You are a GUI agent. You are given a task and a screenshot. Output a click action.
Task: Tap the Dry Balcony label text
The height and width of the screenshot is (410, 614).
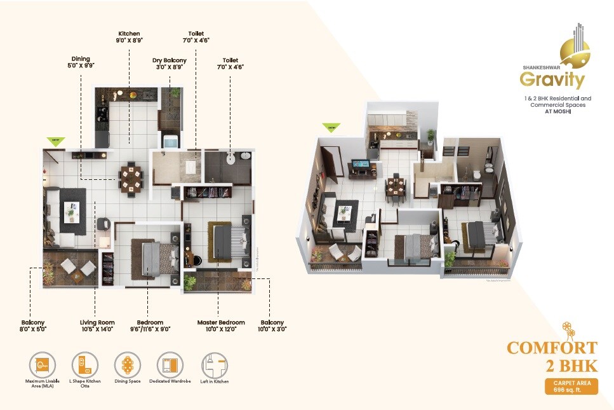click(170, 64)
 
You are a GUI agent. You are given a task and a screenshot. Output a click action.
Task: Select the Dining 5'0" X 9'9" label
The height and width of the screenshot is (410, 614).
click(81, 61)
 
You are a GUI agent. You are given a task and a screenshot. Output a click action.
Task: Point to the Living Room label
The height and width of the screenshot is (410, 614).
click(97, 325)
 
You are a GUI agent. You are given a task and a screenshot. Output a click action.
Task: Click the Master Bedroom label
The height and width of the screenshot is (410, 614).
click(221, 325)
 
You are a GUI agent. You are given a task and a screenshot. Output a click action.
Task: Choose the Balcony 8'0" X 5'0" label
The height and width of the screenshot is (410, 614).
click(32, 325)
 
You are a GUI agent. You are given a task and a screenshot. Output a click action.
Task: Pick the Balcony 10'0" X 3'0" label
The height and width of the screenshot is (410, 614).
click(272, 325)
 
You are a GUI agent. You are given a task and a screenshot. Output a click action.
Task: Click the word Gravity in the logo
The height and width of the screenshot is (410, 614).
click(551, 81)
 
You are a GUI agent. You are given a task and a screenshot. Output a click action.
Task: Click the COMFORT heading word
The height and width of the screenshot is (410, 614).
click(552, 348)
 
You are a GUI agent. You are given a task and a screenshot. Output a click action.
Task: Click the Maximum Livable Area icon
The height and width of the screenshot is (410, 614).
click(43, 366)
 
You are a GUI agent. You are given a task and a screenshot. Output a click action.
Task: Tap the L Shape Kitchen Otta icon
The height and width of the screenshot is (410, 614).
click(84, 366)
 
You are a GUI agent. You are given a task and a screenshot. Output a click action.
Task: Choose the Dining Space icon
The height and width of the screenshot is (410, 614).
click(127, 366)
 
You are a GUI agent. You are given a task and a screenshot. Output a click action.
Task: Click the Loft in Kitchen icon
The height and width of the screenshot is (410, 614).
click(214, 366)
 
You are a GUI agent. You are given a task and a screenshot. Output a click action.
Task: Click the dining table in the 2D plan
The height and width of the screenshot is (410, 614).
click(131, 177)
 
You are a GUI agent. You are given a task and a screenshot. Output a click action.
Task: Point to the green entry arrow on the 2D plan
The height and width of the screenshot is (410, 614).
click(57, 140)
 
